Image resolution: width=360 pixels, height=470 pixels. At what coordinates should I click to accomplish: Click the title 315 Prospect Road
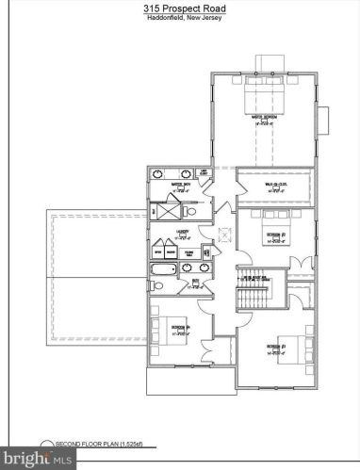coord(179,8)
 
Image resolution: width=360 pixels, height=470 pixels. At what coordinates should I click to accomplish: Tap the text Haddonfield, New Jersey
coord(179,20)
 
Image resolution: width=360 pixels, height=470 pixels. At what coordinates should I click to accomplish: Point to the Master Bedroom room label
coord(263,120)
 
